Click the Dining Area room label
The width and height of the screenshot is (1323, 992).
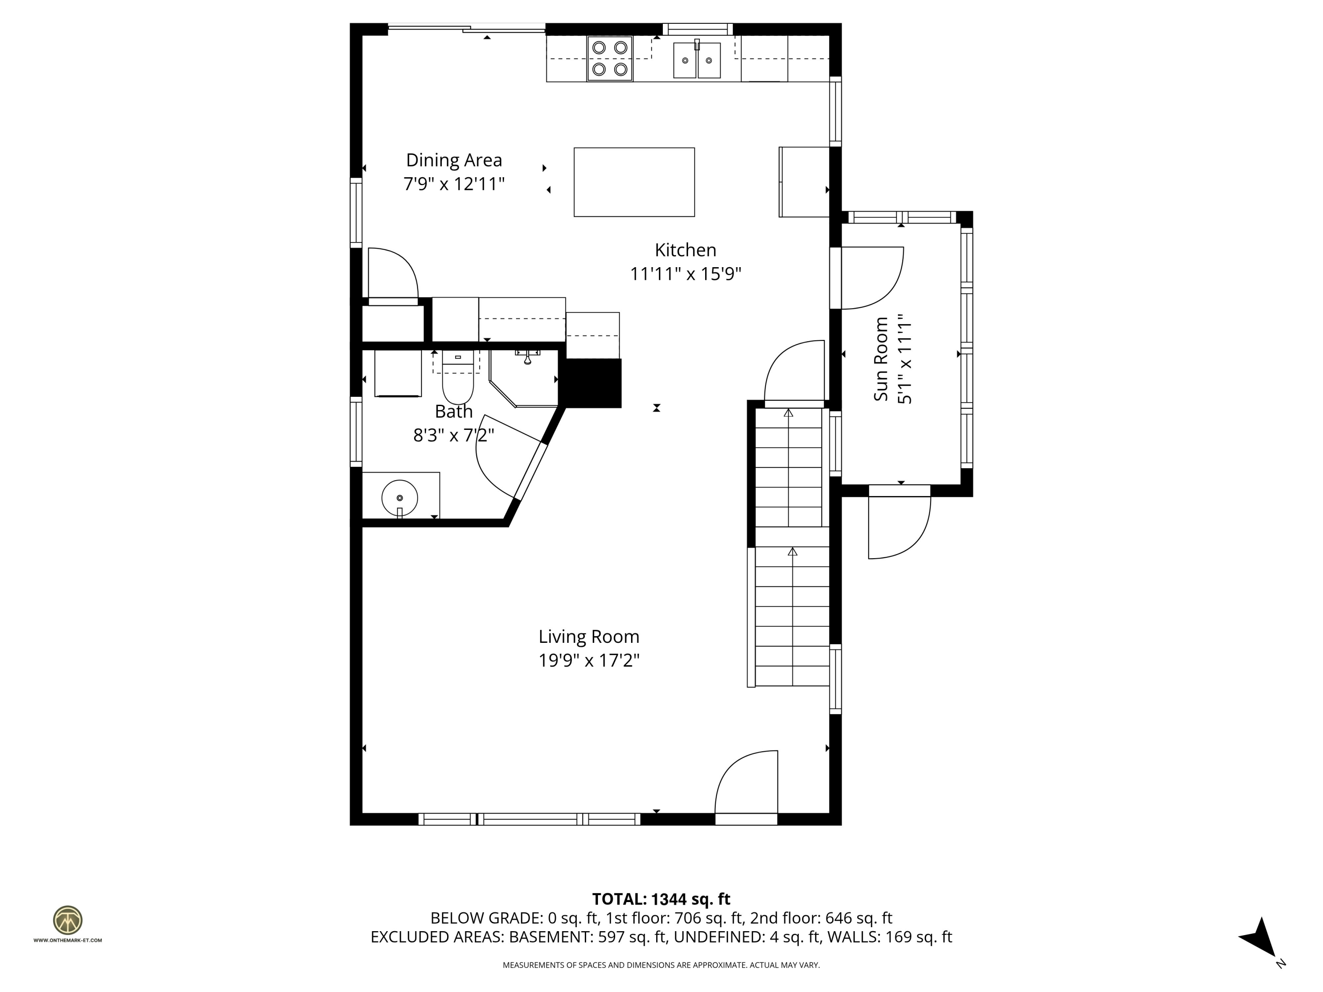tap(454, 160)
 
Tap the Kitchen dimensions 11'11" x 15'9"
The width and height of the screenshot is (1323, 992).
tap(685, 274)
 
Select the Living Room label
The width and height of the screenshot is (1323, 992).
tap(589, 637)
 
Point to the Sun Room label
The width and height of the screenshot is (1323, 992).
tap(881, 359)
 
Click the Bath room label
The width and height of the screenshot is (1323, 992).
tap(453, 411)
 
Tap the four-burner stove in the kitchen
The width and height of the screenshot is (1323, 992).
tap(609, 59)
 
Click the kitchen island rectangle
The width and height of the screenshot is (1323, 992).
tap(634, 182)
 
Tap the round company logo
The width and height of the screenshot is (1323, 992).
tap(67, 920)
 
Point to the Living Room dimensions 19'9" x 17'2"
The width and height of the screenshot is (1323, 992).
tap(589, 661)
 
